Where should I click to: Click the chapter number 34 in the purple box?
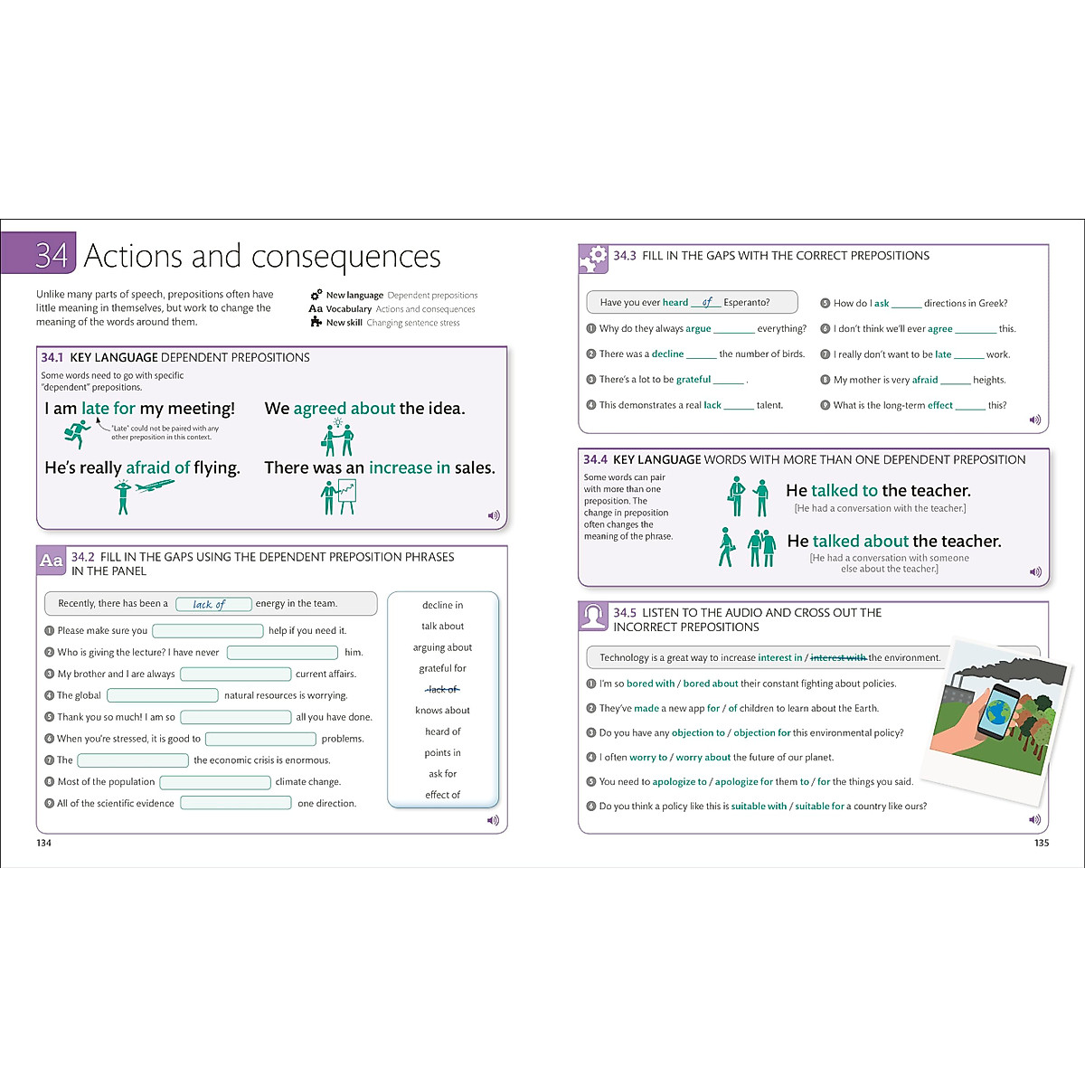click(x=51, y=255)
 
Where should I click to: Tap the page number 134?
click(x=43, y=843)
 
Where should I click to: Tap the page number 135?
click(x=1041, y=843)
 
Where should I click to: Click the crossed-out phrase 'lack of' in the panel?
click(x=442, y=689)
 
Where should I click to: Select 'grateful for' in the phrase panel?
click(x=442, y=668)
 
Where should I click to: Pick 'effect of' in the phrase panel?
click(x=442, y=795)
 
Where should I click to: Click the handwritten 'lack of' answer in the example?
click(x=209, y=604)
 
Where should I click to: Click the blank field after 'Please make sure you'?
click(x=207, y=630)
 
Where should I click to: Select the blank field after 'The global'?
click(x=163, y=695)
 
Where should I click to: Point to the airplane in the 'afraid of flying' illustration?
click(x=155, y=486)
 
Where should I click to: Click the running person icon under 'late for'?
click(x=77, y=435)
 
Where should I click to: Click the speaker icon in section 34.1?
click(x=494, y=515)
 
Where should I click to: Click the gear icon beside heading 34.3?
click(x=593, y=259)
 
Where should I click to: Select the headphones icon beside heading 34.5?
click(x=593, y=617)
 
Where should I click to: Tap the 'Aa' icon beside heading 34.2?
click(x=52, y=561)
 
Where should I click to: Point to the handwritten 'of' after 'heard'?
click(x=707, y=302)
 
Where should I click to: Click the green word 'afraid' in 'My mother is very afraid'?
click(x=924, y=380)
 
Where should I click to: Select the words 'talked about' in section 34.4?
click(x=860, y=541)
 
